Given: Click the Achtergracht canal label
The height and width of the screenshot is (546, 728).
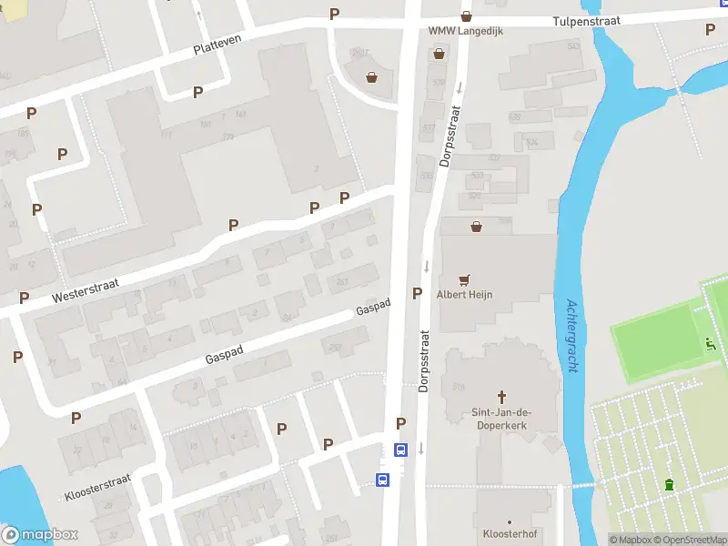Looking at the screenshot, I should click(x=573, y=336).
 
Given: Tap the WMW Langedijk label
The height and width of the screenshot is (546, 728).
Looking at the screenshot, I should click(x=466, y=31).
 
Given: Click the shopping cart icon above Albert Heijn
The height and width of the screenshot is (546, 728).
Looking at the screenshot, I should click(x=466, y=280).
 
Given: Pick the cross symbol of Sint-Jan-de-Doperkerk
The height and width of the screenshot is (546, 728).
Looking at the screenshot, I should click(x=501, y=397).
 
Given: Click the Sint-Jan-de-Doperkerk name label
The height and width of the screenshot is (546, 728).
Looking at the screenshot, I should click(x=501, y=419).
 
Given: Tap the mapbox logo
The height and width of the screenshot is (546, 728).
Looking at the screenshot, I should click(x=40, y=535).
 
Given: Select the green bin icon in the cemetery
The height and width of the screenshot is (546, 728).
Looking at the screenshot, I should click(x=671, y=484).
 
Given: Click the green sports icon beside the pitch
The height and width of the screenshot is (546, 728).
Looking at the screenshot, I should click(x=711, y=343).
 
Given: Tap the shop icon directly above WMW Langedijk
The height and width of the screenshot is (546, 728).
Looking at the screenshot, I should click(x=466, y=15).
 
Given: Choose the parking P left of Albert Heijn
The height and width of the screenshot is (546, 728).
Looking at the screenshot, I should click(x=417, y=293).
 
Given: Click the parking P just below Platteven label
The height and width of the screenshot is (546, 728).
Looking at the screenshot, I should click(x=197, y=92).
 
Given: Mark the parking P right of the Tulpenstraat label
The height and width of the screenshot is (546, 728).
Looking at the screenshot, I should click(x=710, y=29).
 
